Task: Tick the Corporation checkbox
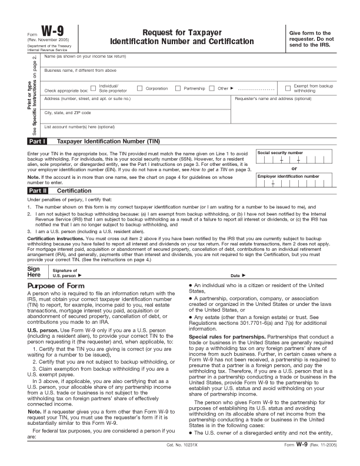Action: tap(140, 88)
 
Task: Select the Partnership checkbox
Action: tap(178, 88)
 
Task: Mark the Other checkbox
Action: tap(212, 88)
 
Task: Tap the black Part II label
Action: tap(38, 191)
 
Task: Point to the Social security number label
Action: tap(281, 152)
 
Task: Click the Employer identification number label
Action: tap(288, 176)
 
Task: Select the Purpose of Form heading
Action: tap(56, 286)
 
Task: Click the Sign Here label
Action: tap(34, 272)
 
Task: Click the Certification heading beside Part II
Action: tap(74, 191)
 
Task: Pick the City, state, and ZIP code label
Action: tap(68, 112)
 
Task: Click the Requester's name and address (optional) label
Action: tap(273, 98)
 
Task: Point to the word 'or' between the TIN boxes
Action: tap(294, 168)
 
